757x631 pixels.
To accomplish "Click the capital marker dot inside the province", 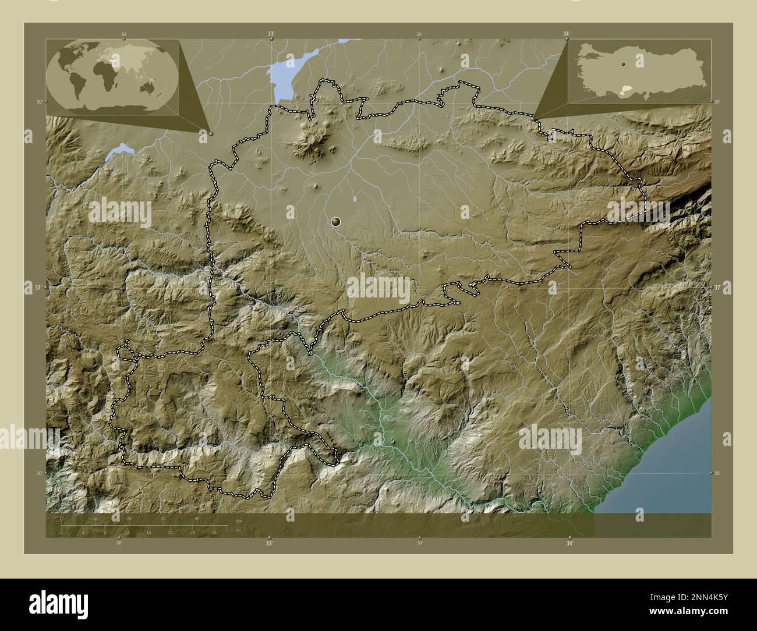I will click(x=335, y=221).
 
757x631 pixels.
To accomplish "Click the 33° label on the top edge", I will click(x=271, y=34).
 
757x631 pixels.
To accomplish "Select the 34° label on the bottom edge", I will click(x=569, y=543).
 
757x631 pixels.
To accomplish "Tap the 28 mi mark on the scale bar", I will click(x=214, y=532).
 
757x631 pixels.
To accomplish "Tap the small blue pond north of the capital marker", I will click(x=355, y=202).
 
